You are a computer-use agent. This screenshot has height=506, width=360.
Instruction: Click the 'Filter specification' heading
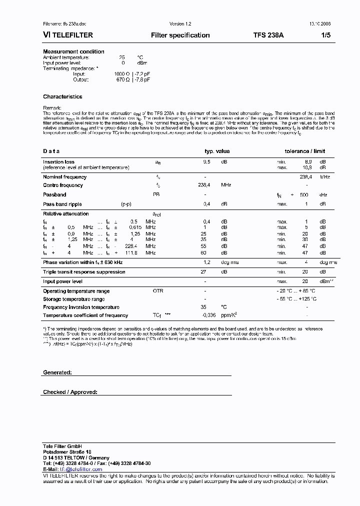(x=180, y=35)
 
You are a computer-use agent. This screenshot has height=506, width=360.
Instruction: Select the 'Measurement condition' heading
(x=73, y=52)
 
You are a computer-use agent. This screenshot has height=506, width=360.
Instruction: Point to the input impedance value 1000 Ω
(x=121, y=74)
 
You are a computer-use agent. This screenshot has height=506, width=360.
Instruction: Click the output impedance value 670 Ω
(x=122, y=79)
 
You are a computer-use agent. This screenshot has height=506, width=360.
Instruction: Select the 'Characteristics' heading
(x=62, y=97)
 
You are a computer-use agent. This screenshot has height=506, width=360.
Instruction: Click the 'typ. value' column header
(x=217, y=151)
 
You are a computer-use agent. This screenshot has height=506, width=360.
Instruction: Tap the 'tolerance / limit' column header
(x=304, y=151)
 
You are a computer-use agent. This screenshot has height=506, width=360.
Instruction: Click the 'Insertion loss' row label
(x=58, y=162)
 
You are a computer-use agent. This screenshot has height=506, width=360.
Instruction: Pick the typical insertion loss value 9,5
(x=206, y=162)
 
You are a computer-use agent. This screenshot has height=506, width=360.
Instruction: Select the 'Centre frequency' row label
(x=63, y=185)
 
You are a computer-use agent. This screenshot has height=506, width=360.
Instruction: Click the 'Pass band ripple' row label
(x=62, y=204)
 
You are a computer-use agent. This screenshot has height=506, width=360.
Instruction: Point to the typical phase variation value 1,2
(x=206, y=262)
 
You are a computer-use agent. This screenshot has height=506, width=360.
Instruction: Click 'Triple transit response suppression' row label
(x=84, y=272)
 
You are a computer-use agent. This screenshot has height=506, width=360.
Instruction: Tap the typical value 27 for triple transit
(x=203, y=272)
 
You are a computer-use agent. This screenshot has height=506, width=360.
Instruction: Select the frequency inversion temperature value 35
(x=203, y=307)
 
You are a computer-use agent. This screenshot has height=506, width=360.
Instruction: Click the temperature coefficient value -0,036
(x=208, y=315)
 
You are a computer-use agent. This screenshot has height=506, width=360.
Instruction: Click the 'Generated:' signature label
(x=57, y=373)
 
